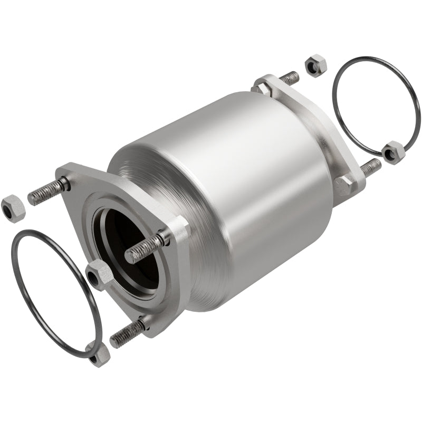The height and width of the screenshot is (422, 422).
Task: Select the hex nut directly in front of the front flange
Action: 99,273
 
